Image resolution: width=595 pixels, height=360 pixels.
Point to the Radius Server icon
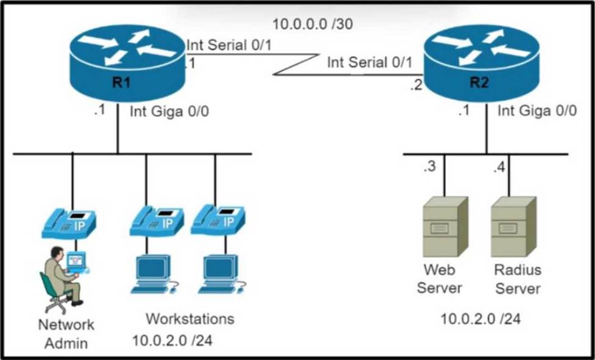pos(513,226)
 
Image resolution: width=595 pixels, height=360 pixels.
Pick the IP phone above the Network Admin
pos(68,224)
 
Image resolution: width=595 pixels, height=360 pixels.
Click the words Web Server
pos(439,278)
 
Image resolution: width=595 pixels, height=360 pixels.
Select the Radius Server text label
pos(517,278)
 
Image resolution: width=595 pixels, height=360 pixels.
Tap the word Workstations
pos(189,318)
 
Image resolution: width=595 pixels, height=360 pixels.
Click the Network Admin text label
pos(66,333)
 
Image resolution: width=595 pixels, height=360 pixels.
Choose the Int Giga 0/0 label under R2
pos(536,111)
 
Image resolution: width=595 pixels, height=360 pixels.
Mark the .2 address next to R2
pos(416,86)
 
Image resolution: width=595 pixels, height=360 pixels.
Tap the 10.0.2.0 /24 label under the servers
pos(481,318)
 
